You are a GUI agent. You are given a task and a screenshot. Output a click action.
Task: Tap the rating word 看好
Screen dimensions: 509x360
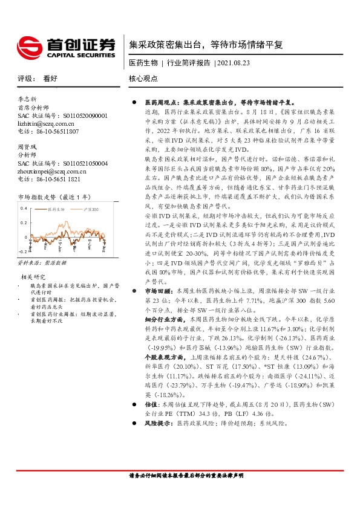click(x=50, y=79)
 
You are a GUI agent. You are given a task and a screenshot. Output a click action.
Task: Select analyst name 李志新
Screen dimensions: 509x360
click(x=27, y=99)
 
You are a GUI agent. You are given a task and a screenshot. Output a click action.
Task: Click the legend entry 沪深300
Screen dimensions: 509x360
click(x=89, y=209)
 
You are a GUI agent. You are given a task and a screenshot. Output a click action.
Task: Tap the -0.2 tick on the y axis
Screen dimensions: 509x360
click(x=23, y=250)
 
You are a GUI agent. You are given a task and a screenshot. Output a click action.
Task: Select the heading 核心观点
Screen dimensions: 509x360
click(x=143, y=79)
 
